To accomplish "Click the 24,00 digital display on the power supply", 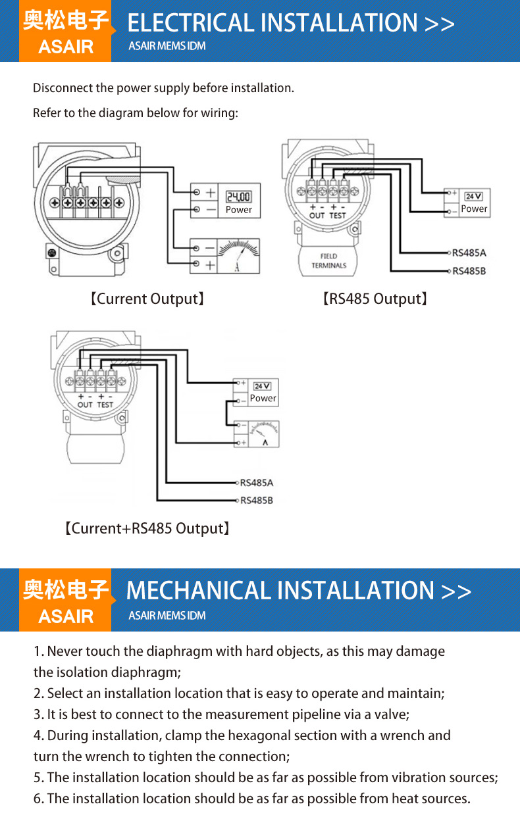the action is (238, 197).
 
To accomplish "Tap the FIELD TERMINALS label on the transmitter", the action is (329, 261).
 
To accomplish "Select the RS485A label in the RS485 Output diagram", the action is (469, 253).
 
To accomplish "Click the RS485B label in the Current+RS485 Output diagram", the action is (257, 500).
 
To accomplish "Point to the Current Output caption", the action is (147, 299).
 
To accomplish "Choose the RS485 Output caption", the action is (375, 299).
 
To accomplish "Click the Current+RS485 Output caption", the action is (147, 528).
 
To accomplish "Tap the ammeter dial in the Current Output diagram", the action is (238, 256).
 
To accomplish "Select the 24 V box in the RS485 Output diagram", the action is (473, 197).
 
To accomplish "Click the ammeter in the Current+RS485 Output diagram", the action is (264, 434).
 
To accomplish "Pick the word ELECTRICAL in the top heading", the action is (191, 23).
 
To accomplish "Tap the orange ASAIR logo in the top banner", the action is (65, 31).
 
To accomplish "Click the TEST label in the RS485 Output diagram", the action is (338, 216).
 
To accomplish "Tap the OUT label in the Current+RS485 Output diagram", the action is (85, 405).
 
